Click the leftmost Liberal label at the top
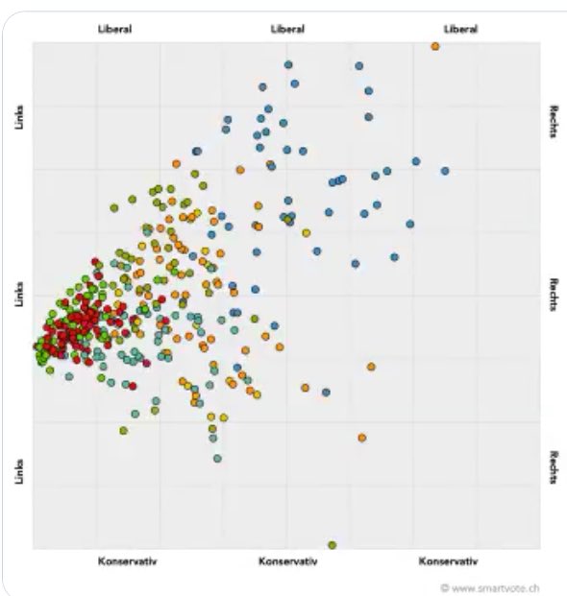[x=114, y=29]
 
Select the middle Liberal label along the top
[x=288, y=29]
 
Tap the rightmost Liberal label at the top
[x=460, y=29]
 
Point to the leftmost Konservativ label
[x=127, y=560]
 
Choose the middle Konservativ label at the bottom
[x=288, y=560]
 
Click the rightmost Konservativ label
[x=448, y=560]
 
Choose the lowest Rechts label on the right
[x=555, y=467]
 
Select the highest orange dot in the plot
[x=435, y=45]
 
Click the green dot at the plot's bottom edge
[x=333, y=545]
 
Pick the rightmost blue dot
[x=445, y=171]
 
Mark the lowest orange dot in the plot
[x=362, y=438]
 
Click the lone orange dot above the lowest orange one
[x=371, y=366]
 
